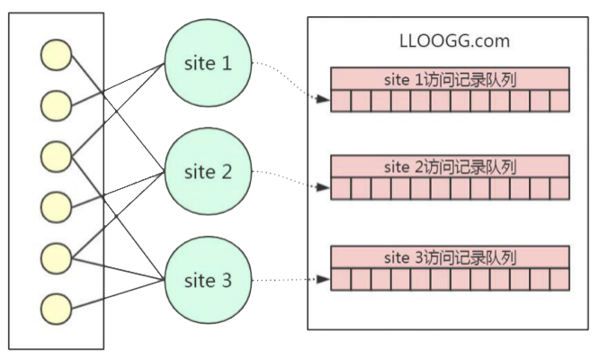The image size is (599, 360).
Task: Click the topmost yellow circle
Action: tap(56, 55)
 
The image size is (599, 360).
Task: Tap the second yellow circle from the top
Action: tap(56, 106)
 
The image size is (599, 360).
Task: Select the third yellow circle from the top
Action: tap(56, 157)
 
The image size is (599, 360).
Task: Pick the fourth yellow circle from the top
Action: tap(56, 208)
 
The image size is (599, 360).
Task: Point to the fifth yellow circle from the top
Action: tap(56, 258)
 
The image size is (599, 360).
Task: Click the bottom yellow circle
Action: tap(56, 310)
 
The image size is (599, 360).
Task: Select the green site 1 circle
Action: tap(208, 63)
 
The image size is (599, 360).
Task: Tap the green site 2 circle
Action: tap(208, 172)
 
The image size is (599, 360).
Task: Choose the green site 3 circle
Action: tap(208, 280)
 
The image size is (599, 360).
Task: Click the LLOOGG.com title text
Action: tap(454, 40)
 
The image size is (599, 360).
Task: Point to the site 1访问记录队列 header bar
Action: tap(450, 79)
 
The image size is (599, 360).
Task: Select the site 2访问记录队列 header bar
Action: tap(450, 166)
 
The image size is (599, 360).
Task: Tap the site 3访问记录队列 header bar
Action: tap(450, 257)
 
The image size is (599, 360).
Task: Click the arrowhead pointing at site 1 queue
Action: tap(324, 99)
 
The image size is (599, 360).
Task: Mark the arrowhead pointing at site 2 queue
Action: tap(324, 187)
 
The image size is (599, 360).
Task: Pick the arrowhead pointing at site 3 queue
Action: tap(324, 279)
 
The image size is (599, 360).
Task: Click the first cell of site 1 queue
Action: tap(341, 101)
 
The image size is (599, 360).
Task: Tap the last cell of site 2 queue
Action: tap(559, 188)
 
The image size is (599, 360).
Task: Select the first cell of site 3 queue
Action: tap(341, 279)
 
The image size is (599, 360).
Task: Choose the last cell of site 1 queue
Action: tap(559, 101)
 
